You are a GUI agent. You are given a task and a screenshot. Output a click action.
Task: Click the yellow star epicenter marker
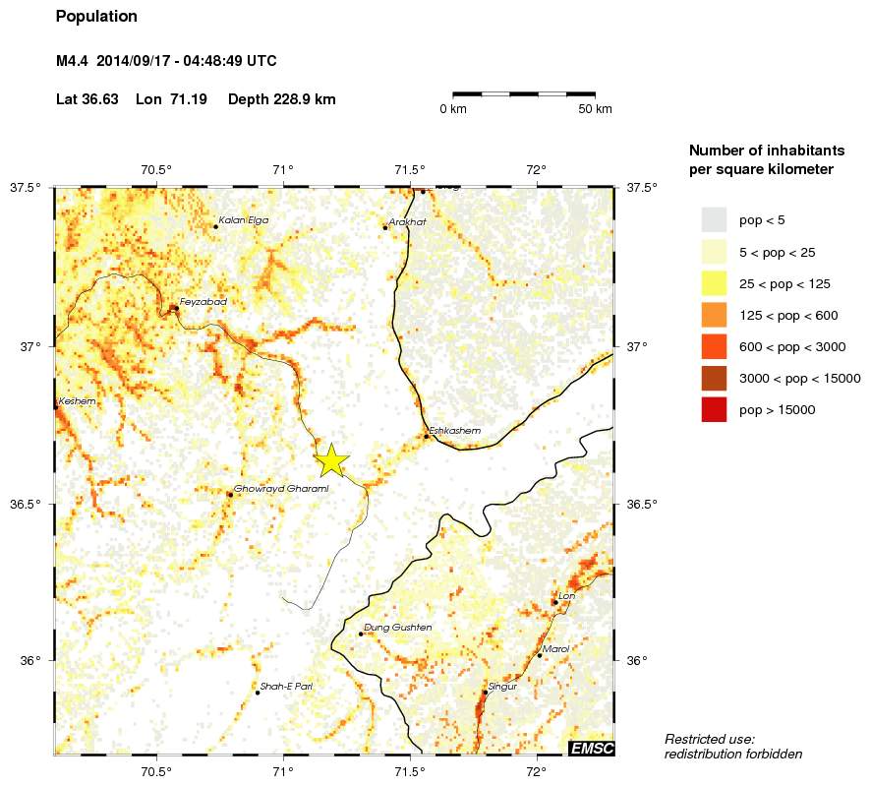(x=332, y=459)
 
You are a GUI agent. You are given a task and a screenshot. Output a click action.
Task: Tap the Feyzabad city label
(x=203, y=301)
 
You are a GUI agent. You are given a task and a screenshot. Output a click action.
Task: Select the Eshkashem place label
(x=455, y=430)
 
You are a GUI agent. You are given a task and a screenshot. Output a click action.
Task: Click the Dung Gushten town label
(x=397, y=627)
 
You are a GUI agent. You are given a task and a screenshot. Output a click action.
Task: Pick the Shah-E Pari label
(x=286, y=686)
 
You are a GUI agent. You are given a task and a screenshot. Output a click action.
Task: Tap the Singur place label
(x=501, y=687)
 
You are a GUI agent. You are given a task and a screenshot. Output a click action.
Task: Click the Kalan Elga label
(x=243, y=220)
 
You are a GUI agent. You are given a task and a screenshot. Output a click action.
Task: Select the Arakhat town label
(x=407, y=221)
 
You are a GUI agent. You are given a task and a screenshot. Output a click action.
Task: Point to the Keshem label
(x=78, y=401)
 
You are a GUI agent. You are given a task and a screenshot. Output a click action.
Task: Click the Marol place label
(x=556, y=649)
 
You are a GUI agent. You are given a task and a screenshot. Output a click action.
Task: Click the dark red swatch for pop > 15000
(x=714, y=409)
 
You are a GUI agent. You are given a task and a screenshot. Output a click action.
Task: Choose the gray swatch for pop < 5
(x=714, y=219)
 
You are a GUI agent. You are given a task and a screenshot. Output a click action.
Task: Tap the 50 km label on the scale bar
(x=596, y=108)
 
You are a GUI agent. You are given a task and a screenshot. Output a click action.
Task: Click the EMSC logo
(x=592, y=749)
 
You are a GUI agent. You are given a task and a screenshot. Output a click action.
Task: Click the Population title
(x=96, y=17)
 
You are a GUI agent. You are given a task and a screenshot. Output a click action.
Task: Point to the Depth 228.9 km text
(x=281, y=99)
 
